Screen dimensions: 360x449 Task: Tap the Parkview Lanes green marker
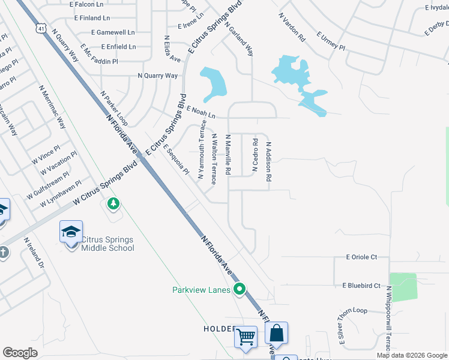pyautogui.click(x=240, y=290)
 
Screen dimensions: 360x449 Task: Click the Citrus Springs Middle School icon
pyautogui.click(x=71, y=232)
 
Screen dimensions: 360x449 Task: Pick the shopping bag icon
pyautogui.click(x=276, y=333)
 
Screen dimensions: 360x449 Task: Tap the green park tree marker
pyautogui.click(x=113, y=205)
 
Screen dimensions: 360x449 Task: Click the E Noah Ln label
pyautogui.click(x=200, y=112)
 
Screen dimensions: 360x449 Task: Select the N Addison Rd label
pyautogui.click(x=270, y=162)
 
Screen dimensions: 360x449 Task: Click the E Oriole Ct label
pyautogui.click(x=361, y=257)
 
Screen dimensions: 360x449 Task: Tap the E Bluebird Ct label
pyautogui.click(x=361, y=286)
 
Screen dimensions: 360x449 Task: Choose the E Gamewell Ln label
pyautogui.click(x=113, y=32)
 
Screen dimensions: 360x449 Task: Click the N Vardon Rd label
pyautogui.click(x=292, y=26)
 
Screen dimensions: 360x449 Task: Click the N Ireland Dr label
pyautogui.click(x=34, y=253)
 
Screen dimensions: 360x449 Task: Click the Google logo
pyautogui.click(x=20, y=353)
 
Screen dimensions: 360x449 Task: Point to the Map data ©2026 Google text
pyautogui.click(x=412, y=355)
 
